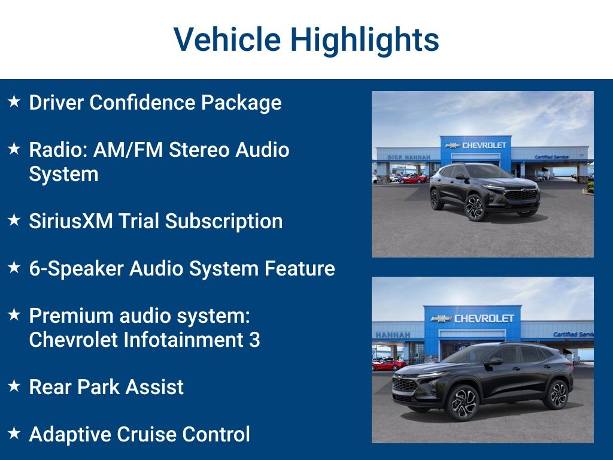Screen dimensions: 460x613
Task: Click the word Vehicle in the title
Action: tap(227, 40)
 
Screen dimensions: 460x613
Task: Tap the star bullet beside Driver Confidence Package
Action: tap(14, 102)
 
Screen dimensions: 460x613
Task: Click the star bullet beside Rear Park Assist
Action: tap(14, 386)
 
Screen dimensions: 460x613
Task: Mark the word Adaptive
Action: tap(68, 434)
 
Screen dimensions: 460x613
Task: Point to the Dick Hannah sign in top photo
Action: tap(409, 157)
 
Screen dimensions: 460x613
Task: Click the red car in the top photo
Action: tap(412, 178)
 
